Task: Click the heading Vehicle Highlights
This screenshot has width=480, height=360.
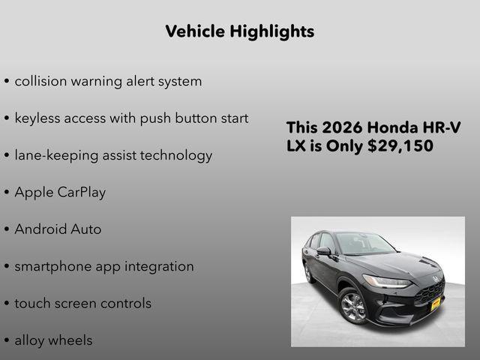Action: click(x=239, y=31)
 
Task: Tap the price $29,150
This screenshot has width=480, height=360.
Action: click(x=400, y=146)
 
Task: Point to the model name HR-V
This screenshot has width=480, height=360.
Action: click(x=442, y=127)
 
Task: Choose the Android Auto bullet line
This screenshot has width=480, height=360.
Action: click(x=58, y=229)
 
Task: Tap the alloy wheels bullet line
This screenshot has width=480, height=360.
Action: click(x=53, y=340)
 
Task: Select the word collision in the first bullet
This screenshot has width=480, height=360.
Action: click(x=41, y=81)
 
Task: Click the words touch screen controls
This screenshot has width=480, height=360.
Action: click(x=82, y=304)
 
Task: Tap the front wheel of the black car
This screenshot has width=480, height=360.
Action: click(x=352, y=306)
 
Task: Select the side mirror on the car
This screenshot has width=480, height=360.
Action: click(x=324, y=251)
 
